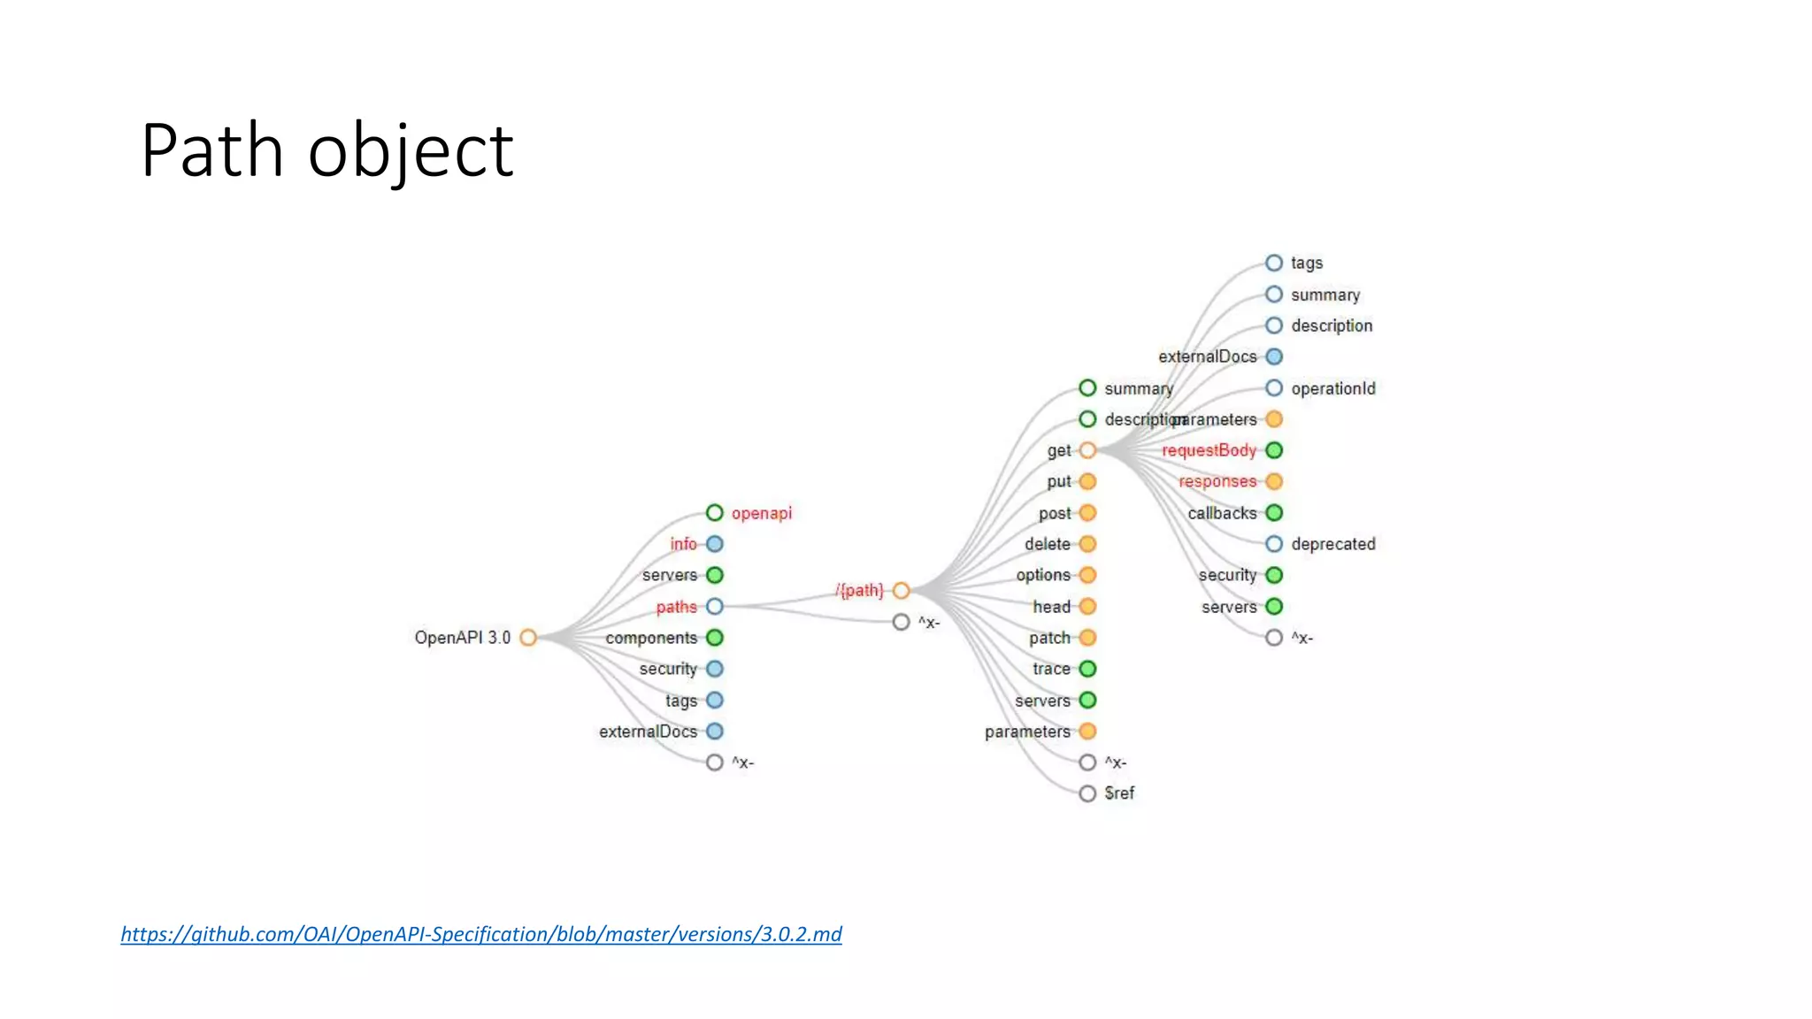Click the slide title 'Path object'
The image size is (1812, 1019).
click(326, 150)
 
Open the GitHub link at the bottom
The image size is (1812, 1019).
click(480, 934)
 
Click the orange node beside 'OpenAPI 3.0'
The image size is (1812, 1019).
click(528, 638)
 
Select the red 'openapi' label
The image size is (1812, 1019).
click(761, 513)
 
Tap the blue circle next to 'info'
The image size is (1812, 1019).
click(715, 544)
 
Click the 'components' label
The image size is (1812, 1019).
click(651, 638)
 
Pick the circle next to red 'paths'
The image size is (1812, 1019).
click(715, 607)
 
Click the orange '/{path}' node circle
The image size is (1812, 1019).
click(901, 591)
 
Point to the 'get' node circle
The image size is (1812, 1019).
click(1087, 450)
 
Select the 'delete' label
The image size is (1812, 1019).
click(1047, 544)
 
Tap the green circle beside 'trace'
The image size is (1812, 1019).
click(1087, 669)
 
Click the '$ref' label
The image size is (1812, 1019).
click(1119, 793)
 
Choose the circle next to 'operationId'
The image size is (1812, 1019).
click(1274, 388)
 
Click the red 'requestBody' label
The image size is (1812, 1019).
click(1209, 450)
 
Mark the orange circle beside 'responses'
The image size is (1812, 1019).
click(1274, 481)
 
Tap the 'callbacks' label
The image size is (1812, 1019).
click(1222, 513)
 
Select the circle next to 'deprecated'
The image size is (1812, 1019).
click(1274, 544)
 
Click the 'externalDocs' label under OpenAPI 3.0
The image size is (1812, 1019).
click(648, 732)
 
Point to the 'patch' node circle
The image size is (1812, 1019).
click(1087, 638)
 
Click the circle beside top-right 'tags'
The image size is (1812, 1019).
click(1274, 263)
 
